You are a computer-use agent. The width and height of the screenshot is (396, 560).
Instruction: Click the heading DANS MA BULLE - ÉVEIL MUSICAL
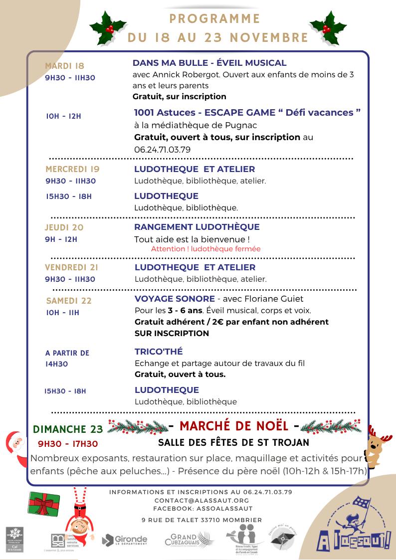209,63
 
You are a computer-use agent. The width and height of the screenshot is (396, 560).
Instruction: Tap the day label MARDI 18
65,66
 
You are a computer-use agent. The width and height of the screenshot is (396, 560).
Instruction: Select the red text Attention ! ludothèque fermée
205,249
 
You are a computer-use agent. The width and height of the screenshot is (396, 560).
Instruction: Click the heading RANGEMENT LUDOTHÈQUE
197,227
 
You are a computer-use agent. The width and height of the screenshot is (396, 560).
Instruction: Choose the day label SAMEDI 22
69,301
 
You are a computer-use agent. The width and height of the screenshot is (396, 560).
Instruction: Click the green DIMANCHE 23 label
68,429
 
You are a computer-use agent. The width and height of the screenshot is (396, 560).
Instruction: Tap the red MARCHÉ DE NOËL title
234,426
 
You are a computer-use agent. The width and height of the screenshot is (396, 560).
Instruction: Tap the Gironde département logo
125,540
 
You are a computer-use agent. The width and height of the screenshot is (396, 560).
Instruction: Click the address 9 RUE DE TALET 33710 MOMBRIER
201,520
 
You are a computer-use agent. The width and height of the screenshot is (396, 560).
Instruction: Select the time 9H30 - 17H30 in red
68,444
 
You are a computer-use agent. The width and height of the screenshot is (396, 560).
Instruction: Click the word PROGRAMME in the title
215,19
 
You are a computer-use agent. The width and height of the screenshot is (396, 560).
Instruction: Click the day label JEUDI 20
64,227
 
